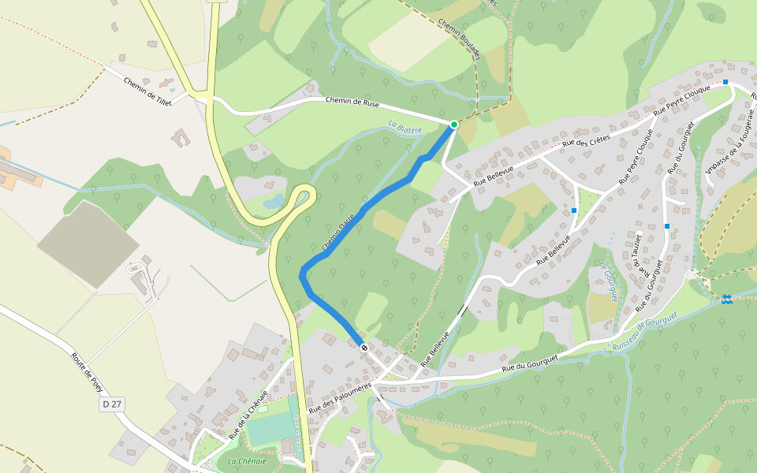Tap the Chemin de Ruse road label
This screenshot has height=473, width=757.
pos(352,102)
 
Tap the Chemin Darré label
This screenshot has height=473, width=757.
pos(340,226)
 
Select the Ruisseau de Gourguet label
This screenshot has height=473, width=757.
pos(645,330)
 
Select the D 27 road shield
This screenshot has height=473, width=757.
pos(111,404)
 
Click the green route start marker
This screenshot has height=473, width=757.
pos(454,125)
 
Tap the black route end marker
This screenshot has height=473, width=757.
pos(364,348)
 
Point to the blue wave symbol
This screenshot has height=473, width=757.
pos(726,298)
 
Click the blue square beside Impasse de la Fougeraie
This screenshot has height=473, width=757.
pos(725,82)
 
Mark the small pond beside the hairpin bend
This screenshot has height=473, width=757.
pos(272,203)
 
